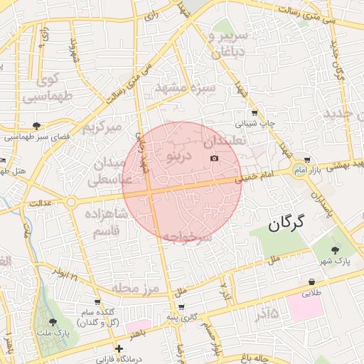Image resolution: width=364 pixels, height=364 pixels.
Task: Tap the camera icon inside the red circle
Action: point(215,158)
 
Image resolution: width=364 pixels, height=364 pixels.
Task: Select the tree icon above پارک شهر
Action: point(336,250)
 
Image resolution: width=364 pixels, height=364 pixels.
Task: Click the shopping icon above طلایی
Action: point(312,282)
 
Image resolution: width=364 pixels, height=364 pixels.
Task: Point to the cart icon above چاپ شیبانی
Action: point(255,112)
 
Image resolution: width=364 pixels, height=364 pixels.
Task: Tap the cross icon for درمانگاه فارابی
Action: point(119,348)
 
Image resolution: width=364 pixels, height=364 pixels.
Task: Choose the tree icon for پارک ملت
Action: point(53,322)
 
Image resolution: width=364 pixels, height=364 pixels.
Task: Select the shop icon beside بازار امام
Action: point(306,160)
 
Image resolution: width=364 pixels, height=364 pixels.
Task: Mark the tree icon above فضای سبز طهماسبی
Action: point(26,125)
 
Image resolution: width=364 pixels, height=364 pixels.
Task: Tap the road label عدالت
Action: point(41,204)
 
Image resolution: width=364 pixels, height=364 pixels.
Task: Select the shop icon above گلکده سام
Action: point(97,302)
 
